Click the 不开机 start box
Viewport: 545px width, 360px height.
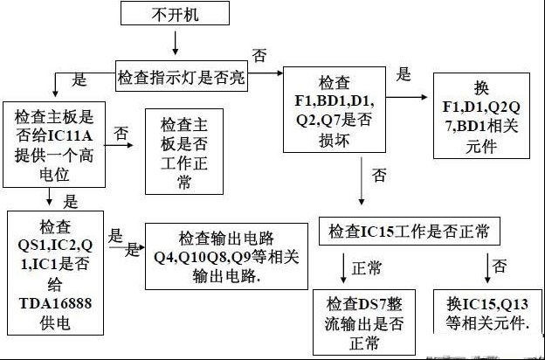click(x=175, y=13)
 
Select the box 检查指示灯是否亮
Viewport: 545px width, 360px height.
click(x=182, y=76)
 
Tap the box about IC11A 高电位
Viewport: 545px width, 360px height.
click(x=54, y=144)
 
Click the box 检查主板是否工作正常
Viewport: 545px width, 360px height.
click(x=184, y=151)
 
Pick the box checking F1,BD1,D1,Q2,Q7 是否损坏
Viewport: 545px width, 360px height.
click(x=335, y=109)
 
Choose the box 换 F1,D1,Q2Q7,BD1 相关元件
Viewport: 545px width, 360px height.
click(x=481, y=115)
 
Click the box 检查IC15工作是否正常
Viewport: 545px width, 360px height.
click(x=410, y=232)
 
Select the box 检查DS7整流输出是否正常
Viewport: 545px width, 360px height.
click(x=364, y=322)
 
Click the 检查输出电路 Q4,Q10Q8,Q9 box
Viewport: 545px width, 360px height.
click(x=226, y=256)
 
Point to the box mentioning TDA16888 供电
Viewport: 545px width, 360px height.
click(x=55, y=273)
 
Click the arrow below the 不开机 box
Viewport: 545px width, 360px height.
click(x=176, y=43)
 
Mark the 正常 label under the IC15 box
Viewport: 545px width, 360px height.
click(x=366, y=268)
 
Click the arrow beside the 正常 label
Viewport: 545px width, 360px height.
click(x=343, y=268)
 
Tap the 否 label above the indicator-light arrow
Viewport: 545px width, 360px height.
click(x=259, y=55)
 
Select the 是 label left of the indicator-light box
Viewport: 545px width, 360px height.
click(x=79, y=80)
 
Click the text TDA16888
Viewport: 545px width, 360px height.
click(x=55, y=303)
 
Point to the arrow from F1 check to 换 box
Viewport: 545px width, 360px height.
click(x=407, y=97)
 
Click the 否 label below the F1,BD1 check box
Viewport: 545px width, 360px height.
click(x=379, y=175)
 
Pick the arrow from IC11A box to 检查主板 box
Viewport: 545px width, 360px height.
click(x=119, y=145)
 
